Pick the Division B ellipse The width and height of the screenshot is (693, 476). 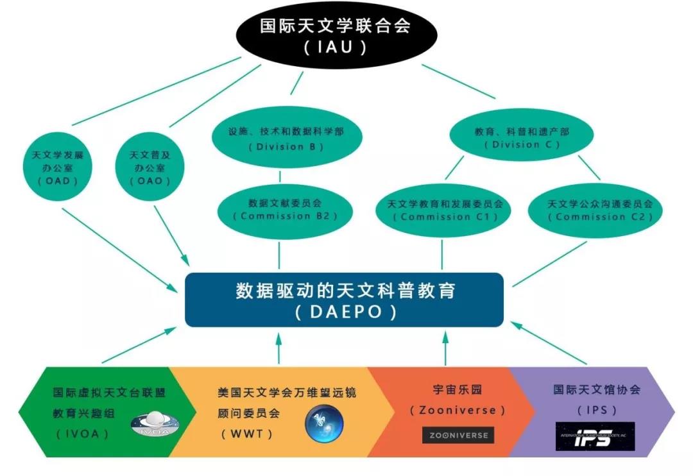click(x=286, y=138)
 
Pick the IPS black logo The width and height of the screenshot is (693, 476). click(x=595, y=436)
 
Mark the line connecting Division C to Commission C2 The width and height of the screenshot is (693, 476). click(x=588, y=167)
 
